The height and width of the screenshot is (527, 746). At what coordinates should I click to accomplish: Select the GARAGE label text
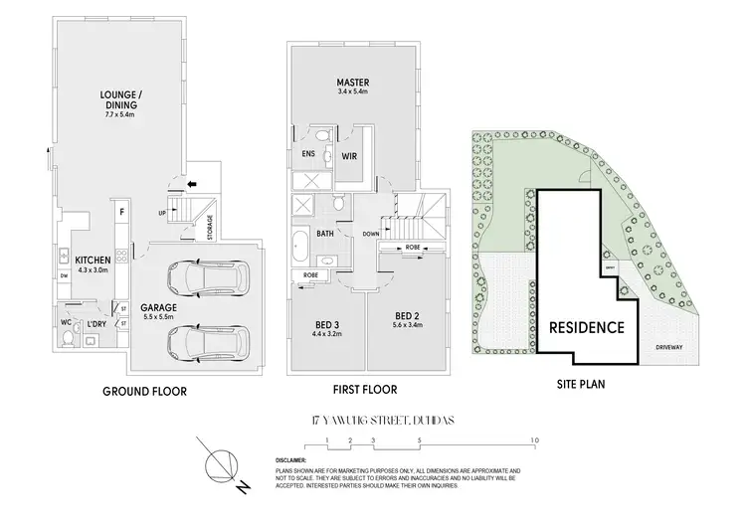pos(158,308)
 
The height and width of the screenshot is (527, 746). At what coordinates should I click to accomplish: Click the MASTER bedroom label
pos(352,84)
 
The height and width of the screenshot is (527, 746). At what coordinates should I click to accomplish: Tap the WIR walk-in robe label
pos(350,155)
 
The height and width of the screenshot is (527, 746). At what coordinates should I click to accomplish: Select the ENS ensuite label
pos(307,155)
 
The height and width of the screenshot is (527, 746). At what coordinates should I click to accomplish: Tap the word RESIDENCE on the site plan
pos(587,326)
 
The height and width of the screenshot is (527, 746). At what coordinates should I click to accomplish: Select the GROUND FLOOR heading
pos(144,391)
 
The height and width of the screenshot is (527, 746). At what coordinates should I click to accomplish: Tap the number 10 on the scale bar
pos(535,439)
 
